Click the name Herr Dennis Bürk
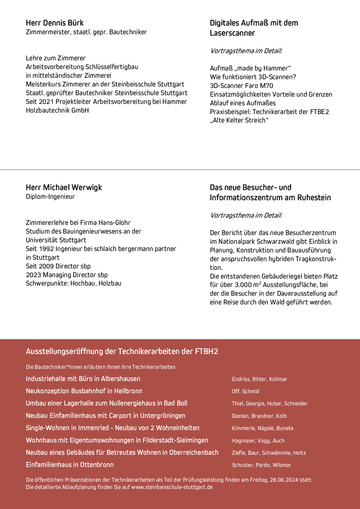click(55, 23)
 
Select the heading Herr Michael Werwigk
click(64, 187)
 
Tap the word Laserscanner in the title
click(232, 33)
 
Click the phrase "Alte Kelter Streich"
click(239, 120)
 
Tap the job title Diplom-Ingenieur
click(50, 196)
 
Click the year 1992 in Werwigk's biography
click(46, 249)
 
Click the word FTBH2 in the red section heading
click(206, 351)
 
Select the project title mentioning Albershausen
click(83, 379)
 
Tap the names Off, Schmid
click(245, 391)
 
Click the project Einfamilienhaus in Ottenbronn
click(70, 465)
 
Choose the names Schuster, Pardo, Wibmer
click(261, 465)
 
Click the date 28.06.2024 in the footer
click(284, 480)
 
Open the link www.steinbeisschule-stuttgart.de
click(172, 487)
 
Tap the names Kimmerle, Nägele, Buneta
click(262, 428)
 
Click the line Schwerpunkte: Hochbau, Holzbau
click(73, 283)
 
